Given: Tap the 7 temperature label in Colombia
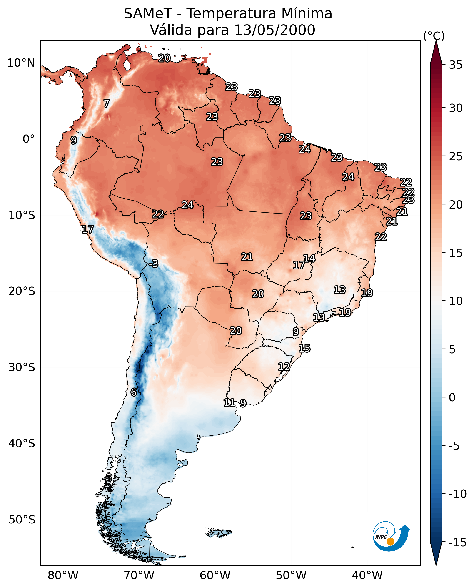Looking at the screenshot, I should pyautogui.click(x=107, y=103).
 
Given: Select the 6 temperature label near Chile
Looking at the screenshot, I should pyautogui.click(x=134, y=392).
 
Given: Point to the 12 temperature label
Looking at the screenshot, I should pyautogui.click(x=284, y=367).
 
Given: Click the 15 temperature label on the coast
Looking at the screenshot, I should pyautogui.click(x=304, y=348).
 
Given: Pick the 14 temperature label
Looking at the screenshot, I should pyautogui.click(x=309, y=258).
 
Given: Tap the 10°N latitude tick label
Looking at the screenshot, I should pyautogui.click(x=21, y=63).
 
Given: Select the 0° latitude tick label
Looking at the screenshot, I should pyautogui.click(x=29, y=139).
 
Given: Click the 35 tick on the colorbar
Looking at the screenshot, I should pyautogui.click(x=456, y=65).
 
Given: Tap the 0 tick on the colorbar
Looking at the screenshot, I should pyautogui.click(x=452, y=397).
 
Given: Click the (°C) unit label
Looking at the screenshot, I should pyautogui.click(x=434, y=36).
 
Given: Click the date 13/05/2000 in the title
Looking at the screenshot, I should pyautogui.click(x=275, y=30).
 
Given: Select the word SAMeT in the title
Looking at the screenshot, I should pyautogui.click(x=148, y=13).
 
